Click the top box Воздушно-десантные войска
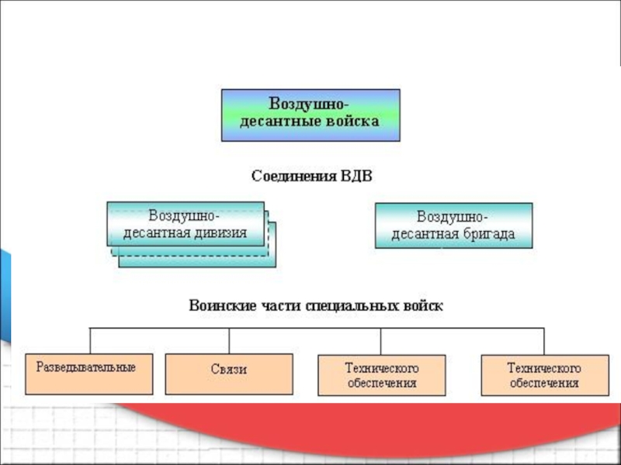click(x=310, y=115)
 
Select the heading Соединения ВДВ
click(x=311, y=176)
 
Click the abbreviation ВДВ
click(x=356, y=176)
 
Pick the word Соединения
click(x=292, y=176)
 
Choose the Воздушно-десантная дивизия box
click(x=186, y=224)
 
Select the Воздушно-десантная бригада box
click(x=453, y=226)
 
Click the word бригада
click(x=489, y=234)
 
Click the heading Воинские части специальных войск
click(x=316, y=305)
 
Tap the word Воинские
click(x=220, y=305)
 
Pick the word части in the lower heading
click(x=274, y=305)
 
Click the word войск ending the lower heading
click(x=424, y=305)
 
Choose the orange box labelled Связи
click(x=229, y=375)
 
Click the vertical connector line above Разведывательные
click(x=91, y=341)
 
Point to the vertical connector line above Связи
click(x=229, y=341)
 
